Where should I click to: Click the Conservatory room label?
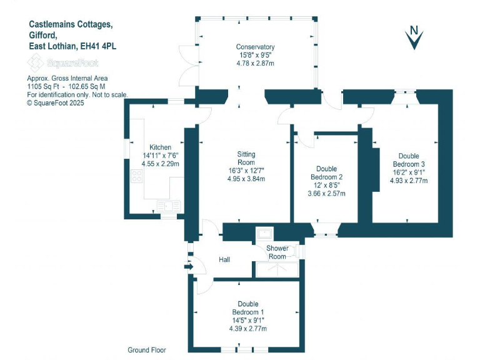(x=255, y=47)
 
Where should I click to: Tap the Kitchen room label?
(x=156, y=147)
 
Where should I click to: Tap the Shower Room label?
(x=277, y=252)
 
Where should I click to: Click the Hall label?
(x=225, y=259)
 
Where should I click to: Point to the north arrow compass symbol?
(x=413, y=37)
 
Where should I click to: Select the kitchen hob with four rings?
(x=136, y=176)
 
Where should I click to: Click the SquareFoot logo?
(x=62, y=62)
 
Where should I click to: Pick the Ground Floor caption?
(x=147, y=350)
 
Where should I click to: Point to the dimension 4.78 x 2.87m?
(x=255, y=63)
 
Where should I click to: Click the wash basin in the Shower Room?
(x=266, y=234)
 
